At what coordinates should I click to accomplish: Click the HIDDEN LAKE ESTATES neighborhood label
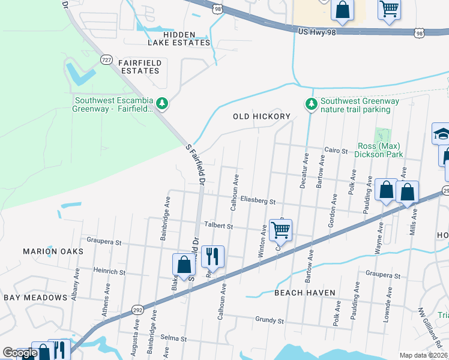[x=179, y=38]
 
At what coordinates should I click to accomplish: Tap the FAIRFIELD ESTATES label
[x=130, y=67]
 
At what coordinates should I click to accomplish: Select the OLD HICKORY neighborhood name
[x=262, y=116]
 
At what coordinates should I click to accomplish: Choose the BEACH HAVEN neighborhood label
[x=304, y=293]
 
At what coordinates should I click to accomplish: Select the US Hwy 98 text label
[x=316, y=31]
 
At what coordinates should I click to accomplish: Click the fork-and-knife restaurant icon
[x=212, y=257]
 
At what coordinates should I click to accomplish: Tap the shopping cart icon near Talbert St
[x=280, y=229]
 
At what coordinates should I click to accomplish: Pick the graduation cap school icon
[x=442, y=133]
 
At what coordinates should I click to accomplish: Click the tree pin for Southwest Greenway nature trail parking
[x=311, y=104]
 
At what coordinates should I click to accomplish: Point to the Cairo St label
[x=336, y=151]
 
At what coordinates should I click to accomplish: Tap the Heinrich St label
[x=109, y=272]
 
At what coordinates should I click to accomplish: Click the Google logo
[x=20, y=353]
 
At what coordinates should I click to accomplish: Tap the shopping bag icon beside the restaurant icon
[x=184, y=264]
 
